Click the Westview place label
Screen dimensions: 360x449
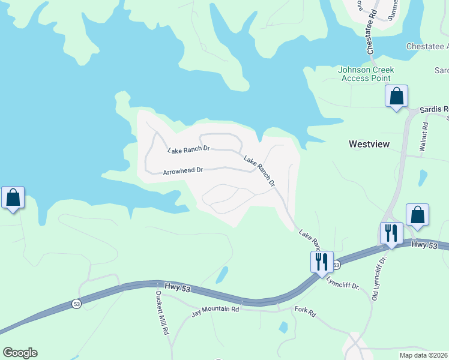(x=369, y=144)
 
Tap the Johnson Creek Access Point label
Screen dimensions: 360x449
(x=364, y=74)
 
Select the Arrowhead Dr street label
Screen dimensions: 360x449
(x=183, y=171)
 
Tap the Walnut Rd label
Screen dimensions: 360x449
(x=424, y=136)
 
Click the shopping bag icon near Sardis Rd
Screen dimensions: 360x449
(x=396, y=97)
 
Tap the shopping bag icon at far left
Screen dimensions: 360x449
(x=13, y=197)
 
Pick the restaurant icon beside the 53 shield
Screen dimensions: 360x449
(x=321, y=262)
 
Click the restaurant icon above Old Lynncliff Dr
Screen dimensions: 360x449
(x=391, y=233)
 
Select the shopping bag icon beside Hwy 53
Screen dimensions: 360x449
(x=417, y=215)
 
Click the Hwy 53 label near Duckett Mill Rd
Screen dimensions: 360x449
(x=176, y=289)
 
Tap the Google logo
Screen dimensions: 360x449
(x=20, y=353)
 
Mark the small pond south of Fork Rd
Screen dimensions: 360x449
(x=283, y=328)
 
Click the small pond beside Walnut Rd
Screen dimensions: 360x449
(x=423, y=178)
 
